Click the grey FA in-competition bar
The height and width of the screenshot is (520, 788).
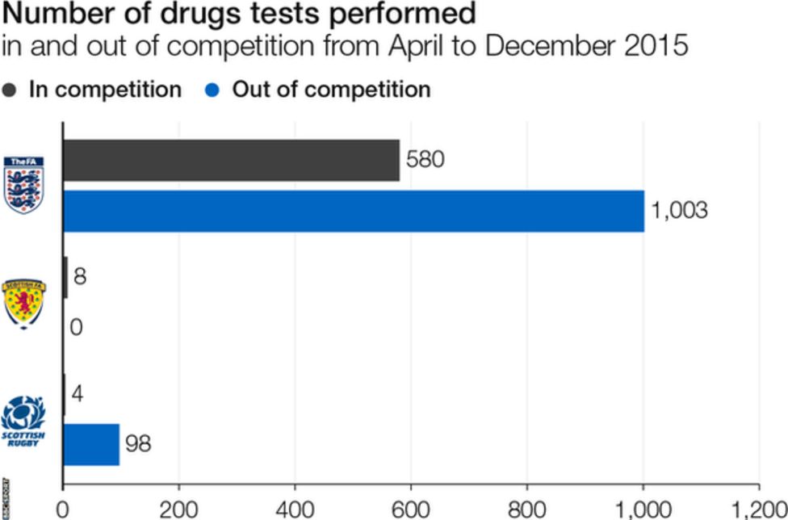[x=231, y=161]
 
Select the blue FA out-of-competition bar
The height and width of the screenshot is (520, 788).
[x=354, y=211]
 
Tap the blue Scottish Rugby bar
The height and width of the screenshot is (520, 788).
[x=90, y=444]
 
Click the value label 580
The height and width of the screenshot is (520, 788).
[x=425, y=160]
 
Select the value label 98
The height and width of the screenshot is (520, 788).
[x=137, y=444]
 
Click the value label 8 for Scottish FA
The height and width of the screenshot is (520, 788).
[x=80, y=277]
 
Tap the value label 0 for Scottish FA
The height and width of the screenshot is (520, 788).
[x=77, y=328]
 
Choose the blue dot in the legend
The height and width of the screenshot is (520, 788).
[x=214, y=90]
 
